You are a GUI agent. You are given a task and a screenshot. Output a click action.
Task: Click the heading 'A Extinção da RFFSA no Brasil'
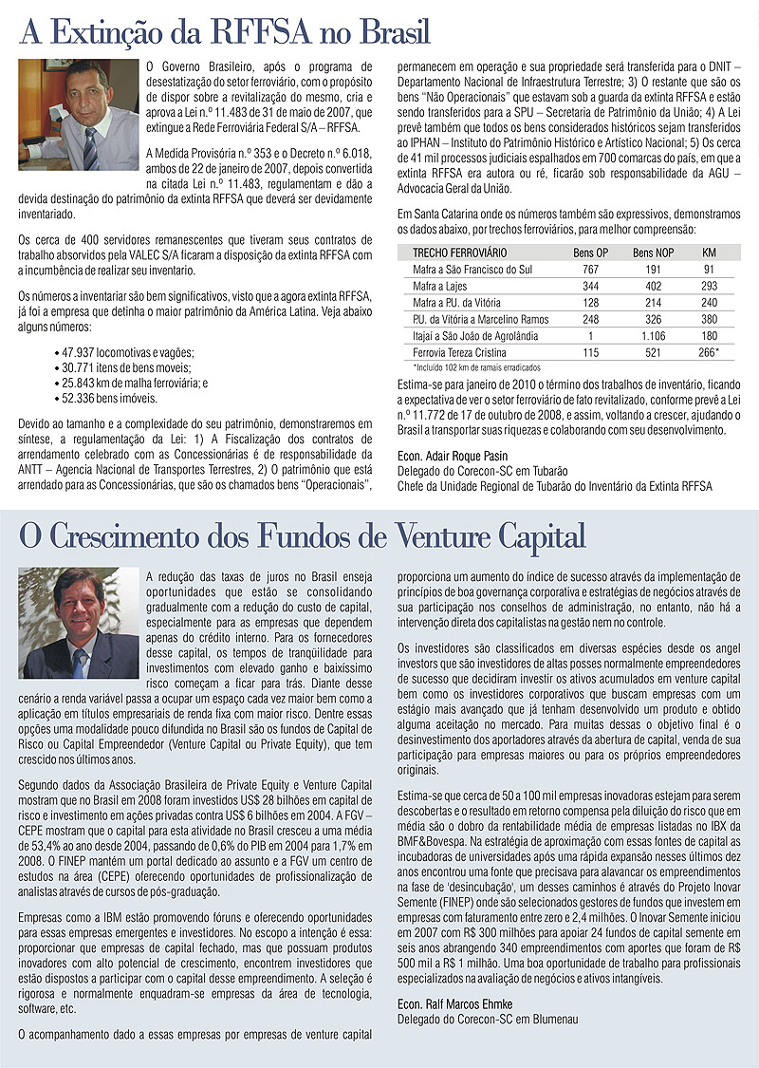click(x=226, y=34)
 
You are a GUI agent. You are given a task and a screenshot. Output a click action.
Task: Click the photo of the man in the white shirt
click(x=78, y=100)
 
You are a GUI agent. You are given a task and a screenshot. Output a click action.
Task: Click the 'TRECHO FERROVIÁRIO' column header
click(x=459, y=253)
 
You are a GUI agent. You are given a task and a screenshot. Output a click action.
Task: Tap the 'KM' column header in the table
click(x=709, y=253)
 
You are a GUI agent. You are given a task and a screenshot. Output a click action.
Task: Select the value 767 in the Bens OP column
click(x=590, y=270)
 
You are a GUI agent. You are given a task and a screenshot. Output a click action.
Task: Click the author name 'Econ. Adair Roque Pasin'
click(x=453, y=457)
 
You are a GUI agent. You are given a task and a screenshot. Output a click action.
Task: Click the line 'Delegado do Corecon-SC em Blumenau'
click(x=489, y=1020)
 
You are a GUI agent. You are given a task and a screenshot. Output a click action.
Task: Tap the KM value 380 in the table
click(x=709, y=319)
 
